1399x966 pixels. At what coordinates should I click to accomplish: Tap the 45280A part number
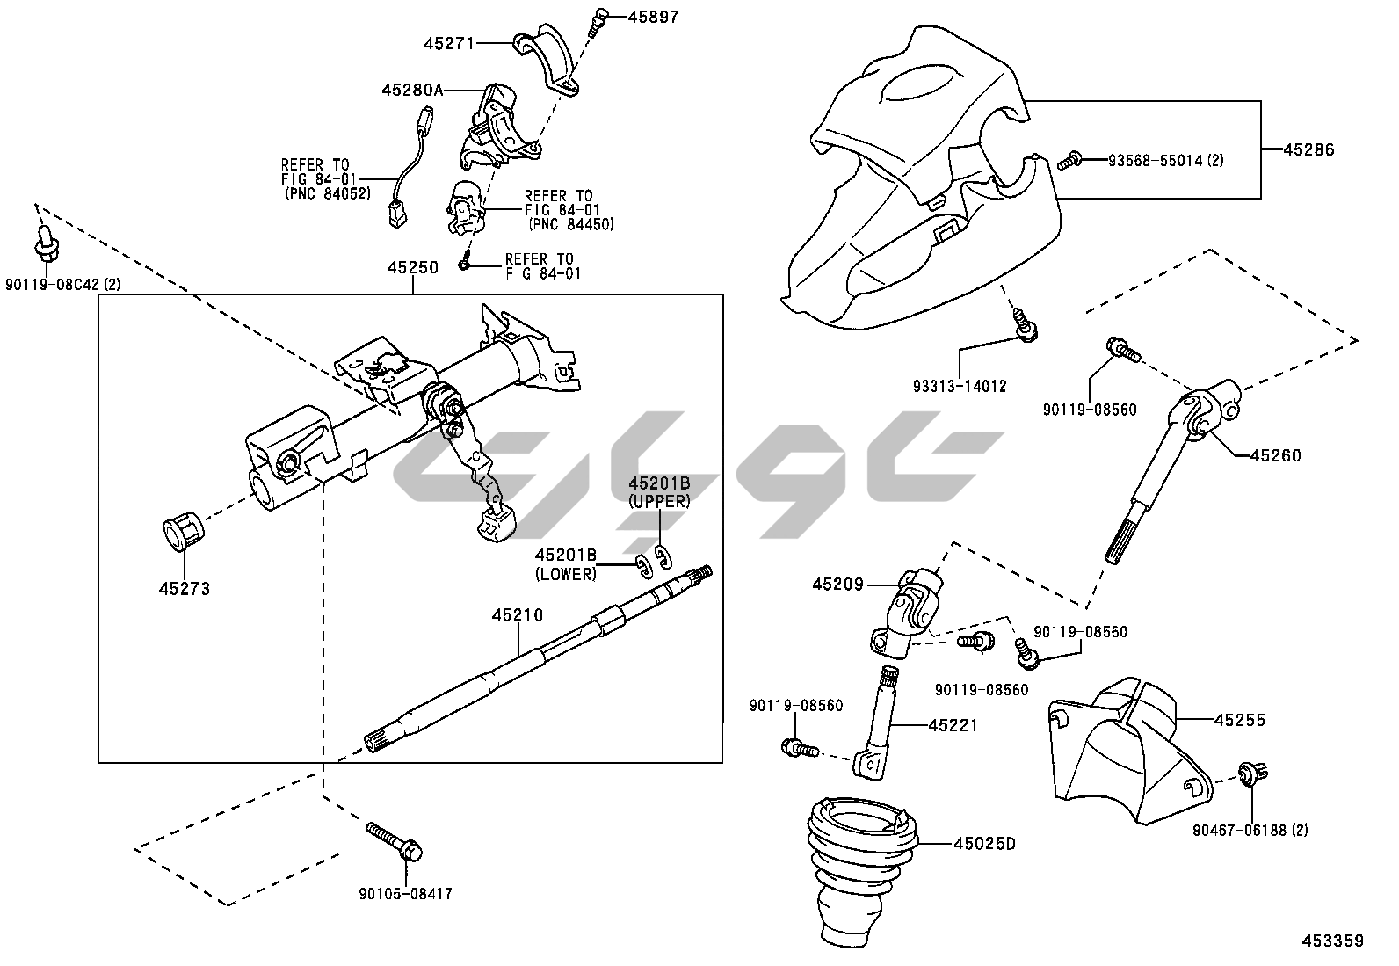[413, 90]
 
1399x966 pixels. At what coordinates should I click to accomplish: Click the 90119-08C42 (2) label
[62, 284]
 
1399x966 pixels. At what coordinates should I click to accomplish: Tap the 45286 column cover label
[1308, 149]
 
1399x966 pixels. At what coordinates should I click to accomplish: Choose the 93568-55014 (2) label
[1165, 161]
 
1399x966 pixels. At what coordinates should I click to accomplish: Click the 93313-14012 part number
[960, 386]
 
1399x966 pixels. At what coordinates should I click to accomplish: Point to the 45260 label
[1275, 455]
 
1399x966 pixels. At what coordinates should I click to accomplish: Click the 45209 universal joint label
[838, 584]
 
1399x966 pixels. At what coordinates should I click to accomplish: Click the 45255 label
[1240, 720]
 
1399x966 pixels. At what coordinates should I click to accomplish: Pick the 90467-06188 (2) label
[1250, 830]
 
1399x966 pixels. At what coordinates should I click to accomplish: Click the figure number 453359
[1332, 941]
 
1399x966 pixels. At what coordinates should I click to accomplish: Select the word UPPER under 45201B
[659, 501]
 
